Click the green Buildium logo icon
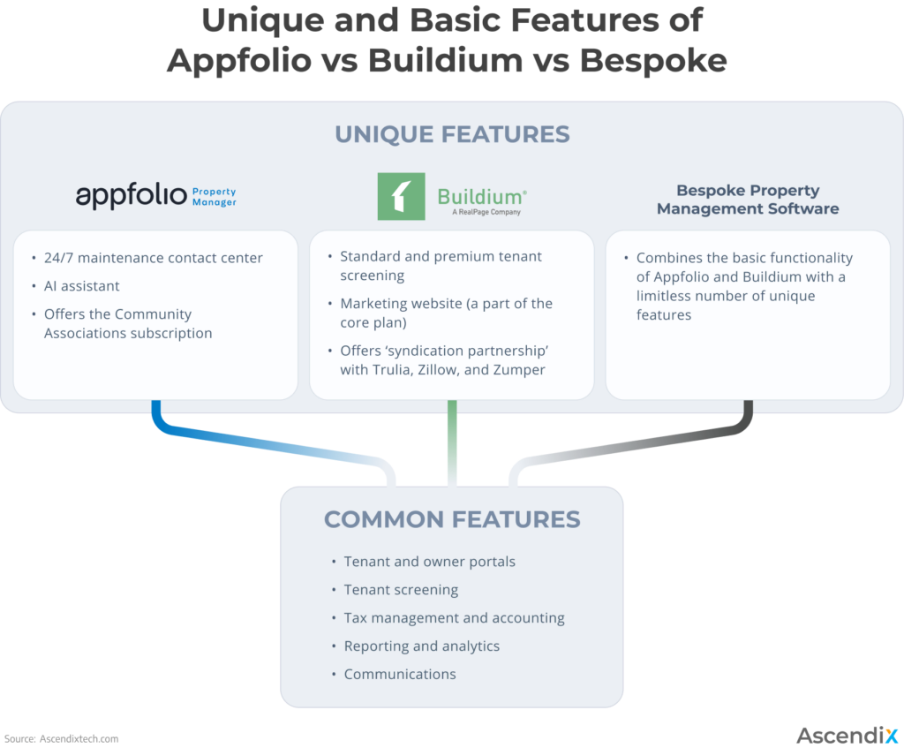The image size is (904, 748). click(402, 196)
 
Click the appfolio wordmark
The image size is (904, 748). click(132, 196)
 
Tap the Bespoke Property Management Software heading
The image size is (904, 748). click(747, 200)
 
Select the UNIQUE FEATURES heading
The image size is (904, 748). click(452, 134)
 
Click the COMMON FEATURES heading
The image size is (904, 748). click(452, 519)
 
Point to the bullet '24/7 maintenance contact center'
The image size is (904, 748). click(153, 258)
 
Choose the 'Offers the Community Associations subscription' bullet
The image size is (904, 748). click(128, 323)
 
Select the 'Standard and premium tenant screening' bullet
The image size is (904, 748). click(441, 266)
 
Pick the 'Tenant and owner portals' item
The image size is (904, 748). click(429, 562)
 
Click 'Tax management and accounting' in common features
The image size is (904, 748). click(454, 618)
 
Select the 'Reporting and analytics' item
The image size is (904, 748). click(421, 646)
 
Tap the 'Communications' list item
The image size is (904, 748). click(400, 674)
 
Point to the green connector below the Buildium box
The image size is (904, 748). click(452, 442)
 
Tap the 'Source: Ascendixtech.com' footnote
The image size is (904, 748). click(61, 738)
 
